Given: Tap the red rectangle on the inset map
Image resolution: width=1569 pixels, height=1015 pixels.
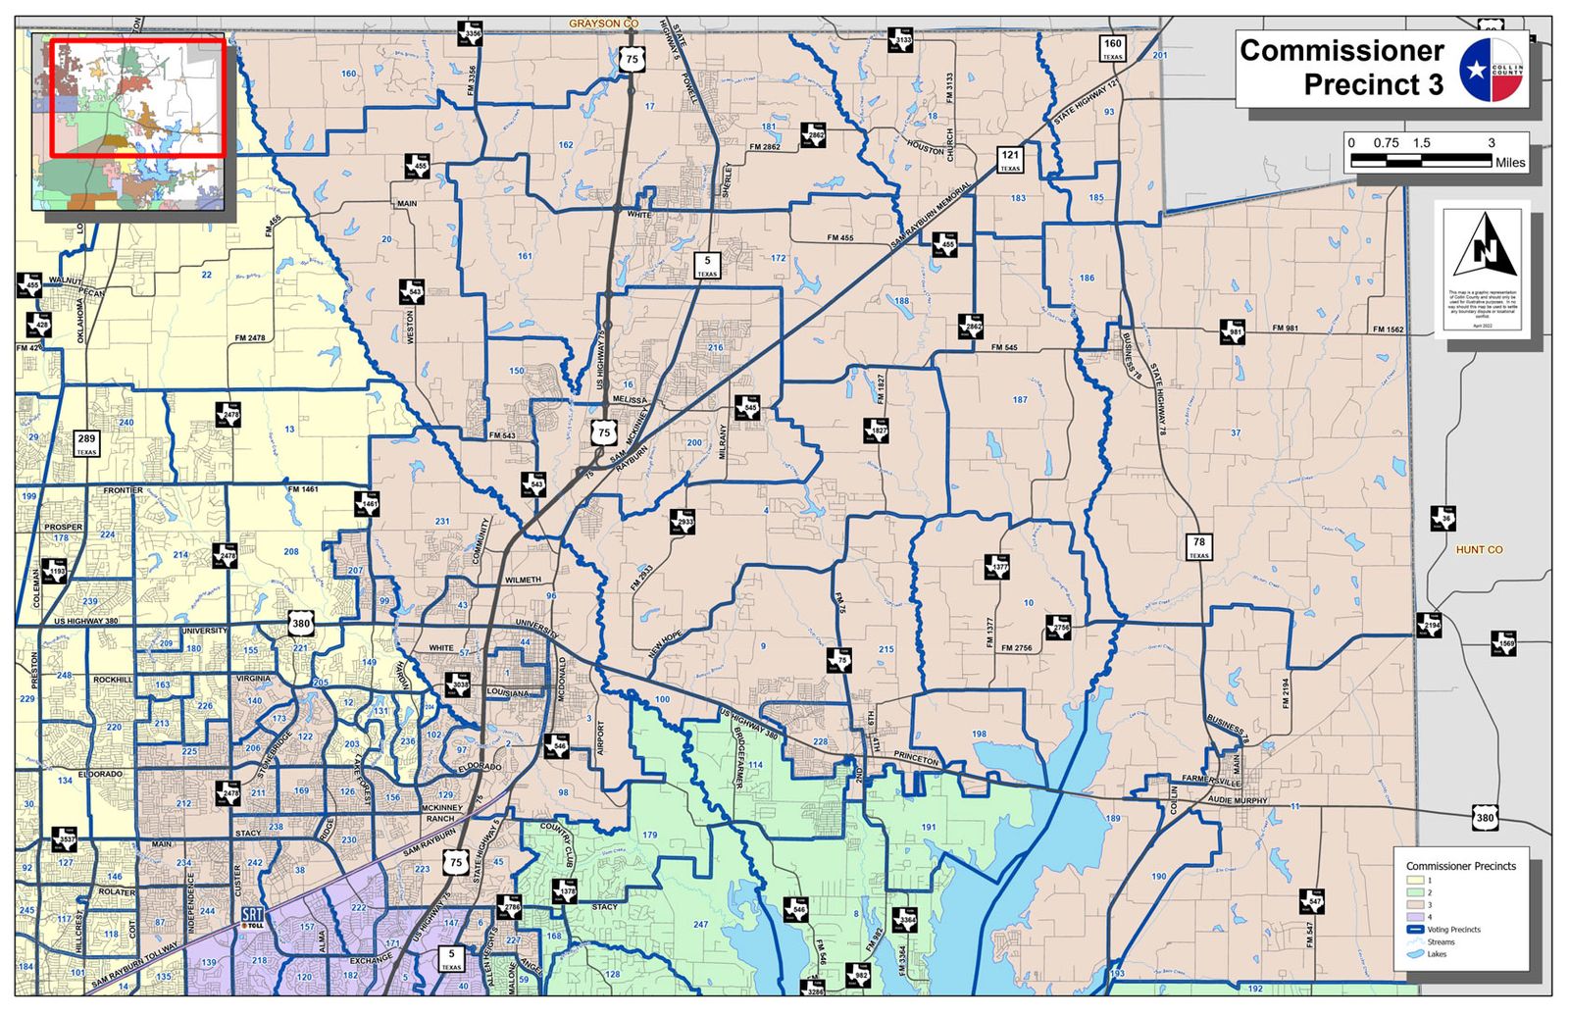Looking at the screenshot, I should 137,97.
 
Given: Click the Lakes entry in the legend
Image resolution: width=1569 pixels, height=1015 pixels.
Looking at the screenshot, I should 1436,954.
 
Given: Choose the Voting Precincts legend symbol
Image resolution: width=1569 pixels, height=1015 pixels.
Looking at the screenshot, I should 1414,930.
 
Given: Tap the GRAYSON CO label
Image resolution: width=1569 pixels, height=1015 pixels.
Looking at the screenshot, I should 603,23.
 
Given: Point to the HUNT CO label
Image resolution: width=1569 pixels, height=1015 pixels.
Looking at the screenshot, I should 1479,550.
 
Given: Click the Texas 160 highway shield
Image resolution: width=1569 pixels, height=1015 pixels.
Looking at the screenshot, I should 1112,48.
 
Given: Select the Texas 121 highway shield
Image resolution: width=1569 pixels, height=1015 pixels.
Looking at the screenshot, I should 1010,159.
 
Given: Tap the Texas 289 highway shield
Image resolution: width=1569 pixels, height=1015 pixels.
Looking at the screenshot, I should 87,443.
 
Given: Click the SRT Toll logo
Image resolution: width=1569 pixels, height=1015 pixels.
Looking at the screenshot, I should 252,918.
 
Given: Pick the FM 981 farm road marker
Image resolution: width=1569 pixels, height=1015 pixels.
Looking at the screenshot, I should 1233,331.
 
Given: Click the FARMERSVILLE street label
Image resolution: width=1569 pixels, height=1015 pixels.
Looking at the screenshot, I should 1211,781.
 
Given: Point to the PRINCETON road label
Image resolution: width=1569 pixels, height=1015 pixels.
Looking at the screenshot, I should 917,758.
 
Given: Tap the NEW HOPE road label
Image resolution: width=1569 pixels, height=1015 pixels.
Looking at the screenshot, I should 664,643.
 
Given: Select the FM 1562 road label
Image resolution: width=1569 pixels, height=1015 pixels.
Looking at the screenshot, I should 1388,330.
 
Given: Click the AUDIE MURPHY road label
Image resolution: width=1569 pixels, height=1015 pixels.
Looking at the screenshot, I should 1238,800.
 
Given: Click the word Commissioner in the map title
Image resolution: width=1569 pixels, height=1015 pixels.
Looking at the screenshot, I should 1341,51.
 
